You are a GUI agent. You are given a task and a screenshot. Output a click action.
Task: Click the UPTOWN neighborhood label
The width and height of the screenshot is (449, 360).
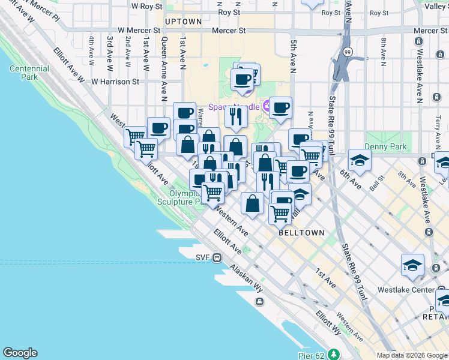click(183, 22)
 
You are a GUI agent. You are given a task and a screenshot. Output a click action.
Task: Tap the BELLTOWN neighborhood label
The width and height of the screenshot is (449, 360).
click(301, 233)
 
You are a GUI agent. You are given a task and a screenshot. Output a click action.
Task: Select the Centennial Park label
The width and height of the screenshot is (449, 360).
click(29, 73)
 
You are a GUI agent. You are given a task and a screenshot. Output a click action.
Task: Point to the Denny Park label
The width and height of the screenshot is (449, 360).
click(388, 146)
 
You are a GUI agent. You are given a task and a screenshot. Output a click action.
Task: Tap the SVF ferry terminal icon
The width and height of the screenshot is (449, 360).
click(217, 257)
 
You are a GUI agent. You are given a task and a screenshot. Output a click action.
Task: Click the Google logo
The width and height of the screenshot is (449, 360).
click(20, 353)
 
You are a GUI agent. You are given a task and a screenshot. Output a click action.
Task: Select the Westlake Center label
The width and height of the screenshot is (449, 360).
click(406, 289)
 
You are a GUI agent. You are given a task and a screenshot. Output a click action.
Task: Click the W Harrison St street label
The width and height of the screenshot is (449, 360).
click(115, 81)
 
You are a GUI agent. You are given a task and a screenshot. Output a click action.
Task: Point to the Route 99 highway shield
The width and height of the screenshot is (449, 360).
click(348, 53)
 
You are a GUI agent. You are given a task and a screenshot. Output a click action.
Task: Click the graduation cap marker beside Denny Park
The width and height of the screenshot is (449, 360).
click(360, 160)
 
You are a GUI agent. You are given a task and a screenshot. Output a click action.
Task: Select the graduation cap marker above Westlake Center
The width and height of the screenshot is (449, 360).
click(412, 265)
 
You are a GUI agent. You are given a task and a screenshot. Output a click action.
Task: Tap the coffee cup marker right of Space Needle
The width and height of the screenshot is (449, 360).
click(280, 107)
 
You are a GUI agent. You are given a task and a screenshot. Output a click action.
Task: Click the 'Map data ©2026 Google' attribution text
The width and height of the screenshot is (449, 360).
click(412, 355)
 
